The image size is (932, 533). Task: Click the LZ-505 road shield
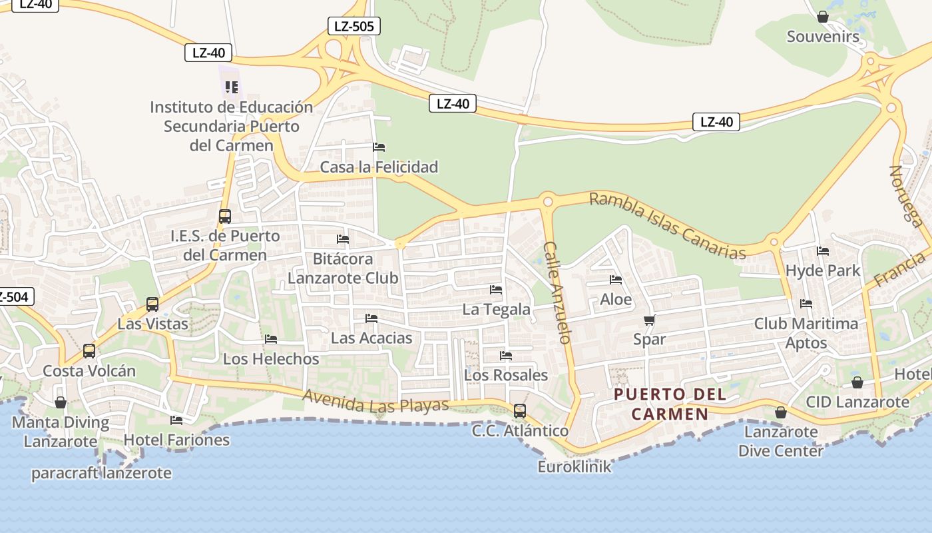354,27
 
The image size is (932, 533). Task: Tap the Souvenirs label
823,37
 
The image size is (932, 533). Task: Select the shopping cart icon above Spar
650,320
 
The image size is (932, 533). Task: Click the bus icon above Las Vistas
152,304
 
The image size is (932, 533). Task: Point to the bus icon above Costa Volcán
89,351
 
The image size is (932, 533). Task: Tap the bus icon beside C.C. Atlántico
520,411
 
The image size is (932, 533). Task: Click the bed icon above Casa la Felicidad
379,147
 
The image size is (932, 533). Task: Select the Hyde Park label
823,271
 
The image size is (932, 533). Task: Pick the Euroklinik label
574,466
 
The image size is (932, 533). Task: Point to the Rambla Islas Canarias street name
667,225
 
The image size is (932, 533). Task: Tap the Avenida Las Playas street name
376,401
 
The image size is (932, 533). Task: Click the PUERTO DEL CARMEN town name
670,404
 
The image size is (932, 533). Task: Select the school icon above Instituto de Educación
232,87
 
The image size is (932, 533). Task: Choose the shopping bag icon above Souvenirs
823,17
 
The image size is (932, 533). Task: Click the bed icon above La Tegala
496,290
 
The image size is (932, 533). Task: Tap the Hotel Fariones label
176,440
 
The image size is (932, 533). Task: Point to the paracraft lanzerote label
101,474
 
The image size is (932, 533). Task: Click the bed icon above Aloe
616,280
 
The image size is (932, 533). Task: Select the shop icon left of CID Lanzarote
857,383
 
